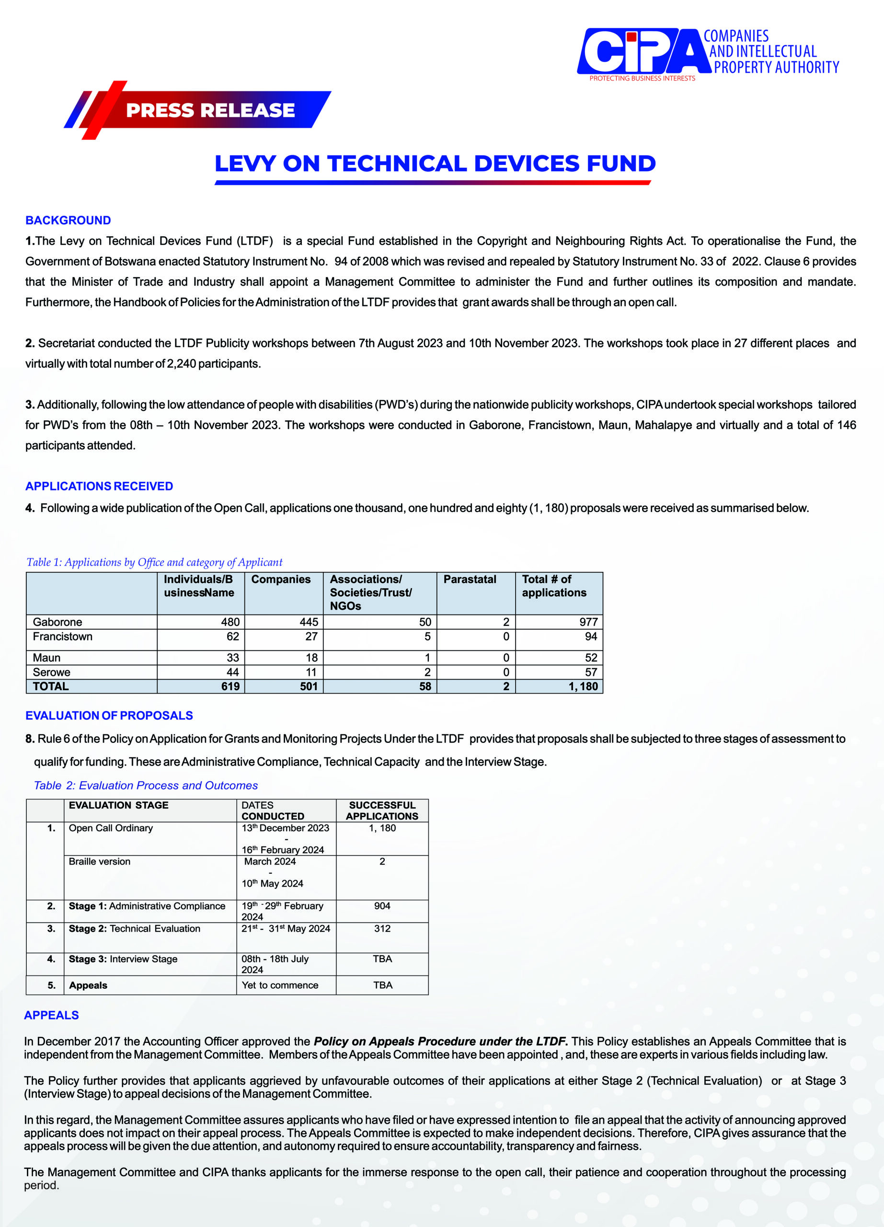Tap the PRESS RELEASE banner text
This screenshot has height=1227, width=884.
click(210, 110)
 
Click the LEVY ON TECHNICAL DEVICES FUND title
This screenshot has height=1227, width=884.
click(435, 163)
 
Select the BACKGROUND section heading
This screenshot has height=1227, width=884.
click(68, 220)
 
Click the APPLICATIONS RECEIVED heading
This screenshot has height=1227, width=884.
click(99, 486)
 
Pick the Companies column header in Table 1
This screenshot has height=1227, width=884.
click(281, 579)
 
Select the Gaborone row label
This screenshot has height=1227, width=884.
click(57, 622)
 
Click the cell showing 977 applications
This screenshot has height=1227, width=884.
click(588, 622)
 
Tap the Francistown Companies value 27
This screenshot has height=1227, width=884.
click(311, 636)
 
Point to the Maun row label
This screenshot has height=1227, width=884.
click(46, 657)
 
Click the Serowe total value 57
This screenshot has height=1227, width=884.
click(591, 672)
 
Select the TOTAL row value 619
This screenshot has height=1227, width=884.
click(230, 686)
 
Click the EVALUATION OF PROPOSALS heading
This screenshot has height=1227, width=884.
click(109, 715)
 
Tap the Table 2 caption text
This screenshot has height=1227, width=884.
click(146, 785)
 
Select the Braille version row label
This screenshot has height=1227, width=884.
click(100, 861)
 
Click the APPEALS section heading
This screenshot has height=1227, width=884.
click(51, 1015)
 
